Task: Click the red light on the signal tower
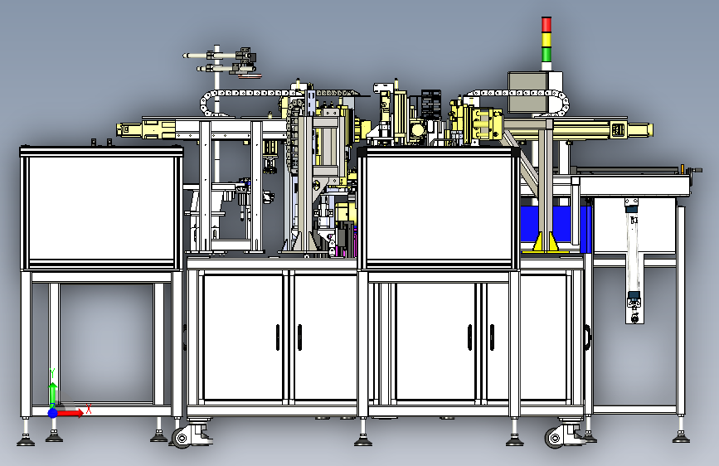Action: (x=547, y=25)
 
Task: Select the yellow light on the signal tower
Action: (x=547, y=40)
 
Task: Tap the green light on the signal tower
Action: (x=547, y=54)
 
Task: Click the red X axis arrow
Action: (x=69, y=413)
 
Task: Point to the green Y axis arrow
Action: (x=53, y=395)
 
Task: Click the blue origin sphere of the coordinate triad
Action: (x=53, y=413)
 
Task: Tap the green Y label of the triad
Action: (x=52, y=373)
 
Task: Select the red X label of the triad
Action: (x=89, y=409)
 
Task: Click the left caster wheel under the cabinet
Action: (x=182, y=439)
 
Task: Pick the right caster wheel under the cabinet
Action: (x=555, y=439)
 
